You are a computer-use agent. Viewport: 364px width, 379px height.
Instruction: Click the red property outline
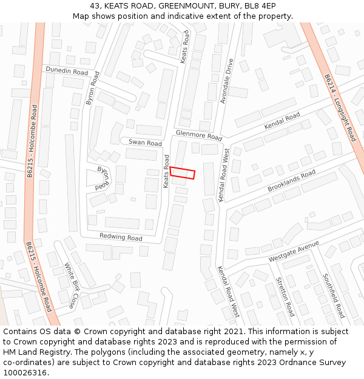pyautogui.click(x=183, y=173)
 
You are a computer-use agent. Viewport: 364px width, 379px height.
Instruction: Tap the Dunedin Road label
pyautogui.click(x=67, y=71)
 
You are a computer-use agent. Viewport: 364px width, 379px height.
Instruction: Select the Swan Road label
pyautogui.click(x=145, y=143)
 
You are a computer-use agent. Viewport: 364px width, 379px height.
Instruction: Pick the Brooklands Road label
pyautogui.click(x=291, y=181)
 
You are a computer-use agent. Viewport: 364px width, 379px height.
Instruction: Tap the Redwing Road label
pyautogui.click(x=121, y=236)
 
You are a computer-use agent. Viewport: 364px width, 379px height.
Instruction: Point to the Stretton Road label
pyautogui.click(x=285, y=297)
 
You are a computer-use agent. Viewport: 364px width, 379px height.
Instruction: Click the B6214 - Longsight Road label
pyautogui.click(x=340, y=107)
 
